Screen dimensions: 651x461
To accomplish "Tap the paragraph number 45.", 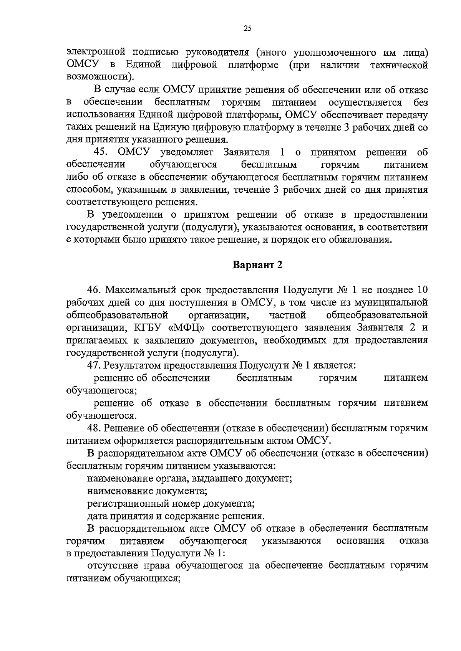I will pos(102,152).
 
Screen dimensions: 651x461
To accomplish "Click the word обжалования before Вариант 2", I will pos(361,240).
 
